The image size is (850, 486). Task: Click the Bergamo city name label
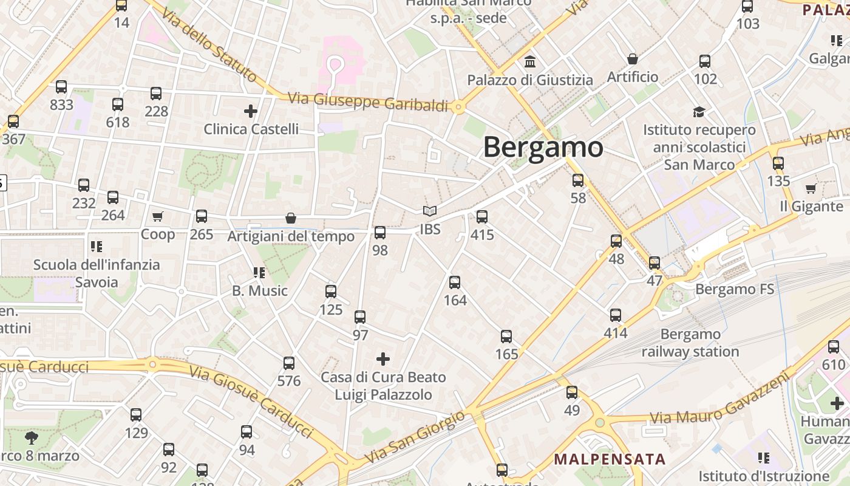pyautogui.click(x=543, y=147)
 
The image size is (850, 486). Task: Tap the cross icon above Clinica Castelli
pyautogui.click(x=250, y=111)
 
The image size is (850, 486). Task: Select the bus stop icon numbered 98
pyautogui.click(x=380, y=232)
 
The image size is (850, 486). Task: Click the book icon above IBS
pyautogui.click(x=430, y=211)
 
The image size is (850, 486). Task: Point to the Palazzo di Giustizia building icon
pyautogui.click(x=530, y=61)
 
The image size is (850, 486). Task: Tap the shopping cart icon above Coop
pyautogui.click(x=158, y=216)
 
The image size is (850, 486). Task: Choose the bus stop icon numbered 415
pyautogui.click(x=482, y=216)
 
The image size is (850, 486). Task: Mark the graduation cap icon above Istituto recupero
pyautogui.click(x=699, y=112)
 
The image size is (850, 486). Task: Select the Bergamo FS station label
pyautogui.click(x=735, y=289)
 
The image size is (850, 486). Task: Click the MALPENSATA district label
pyautogui.click(x=610, y=459)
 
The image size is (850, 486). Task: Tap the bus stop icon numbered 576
pyautogui.click(x=289, y=363)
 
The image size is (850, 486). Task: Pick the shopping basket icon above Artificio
pyautogui.click(x=633, y=59)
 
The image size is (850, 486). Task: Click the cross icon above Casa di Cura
pyautogui.click(x=383, y=359)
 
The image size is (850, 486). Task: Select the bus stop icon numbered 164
pyautogui.click(x=455, y=282)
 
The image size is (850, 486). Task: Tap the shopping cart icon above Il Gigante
pyautogui.click(x=811, y=189)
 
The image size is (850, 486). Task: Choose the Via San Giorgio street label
pyautogui.click(x=416, y=436)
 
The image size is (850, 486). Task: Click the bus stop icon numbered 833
pyautogui.click(x=61, y=87)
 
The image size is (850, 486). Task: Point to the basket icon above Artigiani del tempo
pyautogui.click(x=291, y=218)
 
